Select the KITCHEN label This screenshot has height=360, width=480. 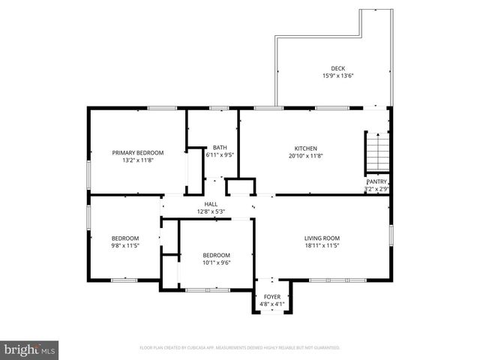(305, 148)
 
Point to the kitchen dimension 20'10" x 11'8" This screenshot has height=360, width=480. (305, 156)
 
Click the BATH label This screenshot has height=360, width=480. (219, 148)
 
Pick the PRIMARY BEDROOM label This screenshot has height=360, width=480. (137, 152)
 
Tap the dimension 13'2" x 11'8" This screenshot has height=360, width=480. (137, 160)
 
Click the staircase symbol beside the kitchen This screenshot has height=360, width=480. (377, 152)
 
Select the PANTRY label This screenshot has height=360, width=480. (376, 182)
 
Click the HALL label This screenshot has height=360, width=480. (211, 204)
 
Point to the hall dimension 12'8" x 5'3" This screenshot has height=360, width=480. (211, 211)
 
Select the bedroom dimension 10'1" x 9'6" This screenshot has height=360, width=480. (216, 262)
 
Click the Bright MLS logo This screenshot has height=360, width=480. (29, 350)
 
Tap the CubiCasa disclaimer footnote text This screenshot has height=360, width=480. (240, 348)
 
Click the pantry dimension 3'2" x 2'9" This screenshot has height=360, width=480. (376, 189)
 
